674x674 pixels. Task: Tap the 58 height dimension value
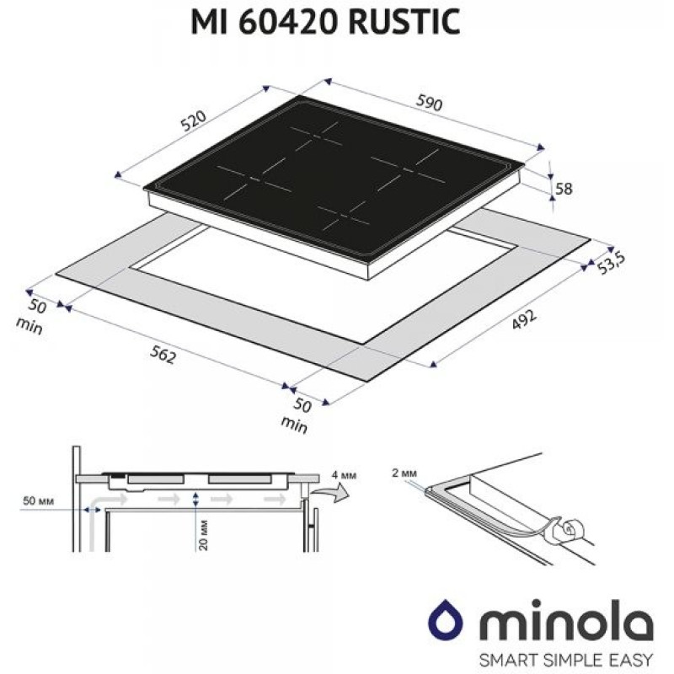pos(564,189)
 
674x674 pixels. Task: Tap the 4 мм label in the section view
pos(345,476)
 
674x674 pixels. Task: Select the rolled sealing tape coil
pos(570,529)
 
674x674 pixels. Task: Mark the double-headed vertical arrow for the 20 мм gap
pos(195,501)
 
